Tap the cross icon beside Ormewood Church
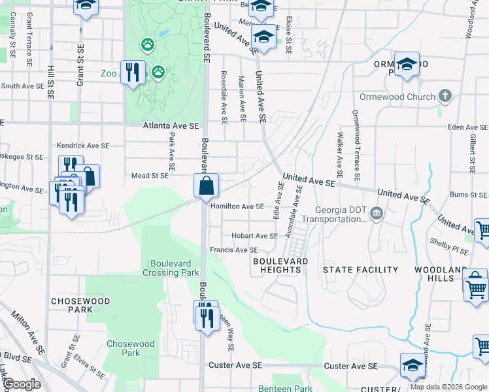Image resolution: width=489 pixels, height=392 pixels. [x=445, y=97]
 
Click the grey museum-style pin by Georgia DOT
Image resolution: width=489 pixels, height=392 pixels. [x=377, y=213]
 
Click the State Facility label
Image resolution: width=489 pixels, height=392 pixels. [x=361, y=270]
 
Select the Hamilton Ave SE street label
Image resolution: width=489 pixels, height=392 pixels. [x=237, y=206]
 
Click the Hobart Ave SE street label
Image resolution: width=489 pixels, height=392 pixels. [x=254, y=236]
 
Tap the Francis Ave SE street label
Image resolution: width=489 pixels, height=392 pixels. [x=233, y=250]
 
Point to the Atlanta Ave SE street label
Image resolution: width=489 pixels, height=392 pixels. [x=171, y=128]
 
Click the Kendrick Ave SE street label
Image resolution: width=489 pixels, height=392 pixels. [x=82, y=146]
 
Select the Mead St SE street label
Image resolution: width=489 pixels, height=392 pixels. [x=150, y=176]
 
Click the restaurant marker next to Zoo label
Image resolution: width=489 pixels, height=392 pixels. [x=134, y=72]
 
